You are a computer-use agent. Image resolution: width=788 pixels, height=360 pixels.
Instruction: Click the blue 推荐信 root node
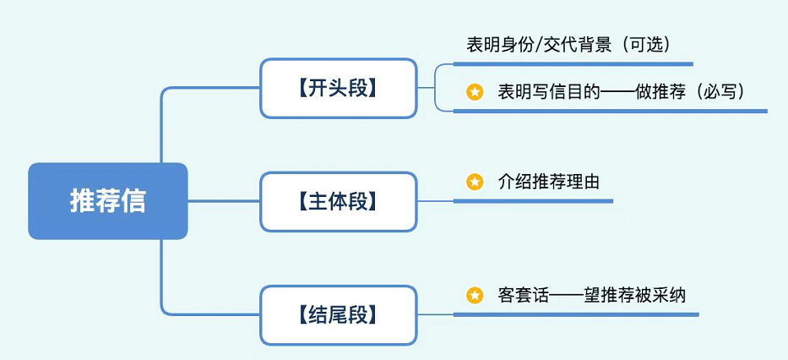click(x=107, y=201)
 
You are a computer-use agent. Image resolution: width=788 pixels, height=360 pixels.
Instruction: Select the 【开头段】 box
click(x=338, y=88)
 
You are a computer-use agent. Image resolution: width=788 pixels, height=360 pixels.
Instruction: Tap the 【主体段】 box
click(x=338, y=201)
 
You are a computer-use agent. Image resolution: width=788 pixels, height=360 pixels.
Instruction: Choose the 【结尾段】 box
click(x=338, y=315)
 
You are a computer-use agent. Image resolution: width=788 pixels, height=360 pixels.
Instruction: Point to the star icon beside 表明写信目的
click(x=475, y=92)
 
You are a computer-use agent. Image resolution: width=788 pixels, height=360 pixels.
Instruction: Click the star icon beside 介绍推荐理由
click(x=475, y=181)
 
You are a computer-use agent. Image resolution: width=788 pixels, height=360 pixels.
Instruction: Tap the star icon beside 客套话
click(x=475, y=295)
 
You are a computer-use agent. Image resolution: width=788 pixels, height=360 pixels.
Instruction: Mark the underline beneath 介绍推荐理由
click(x=533, y=201)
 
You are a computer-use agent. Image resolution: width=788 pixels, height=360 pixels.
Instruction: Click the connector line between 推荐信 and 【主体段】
click(x=224, y=201)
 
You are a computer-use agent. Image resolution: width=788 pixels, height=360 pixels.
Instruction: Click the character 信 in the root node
click(x=133, y=201)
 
